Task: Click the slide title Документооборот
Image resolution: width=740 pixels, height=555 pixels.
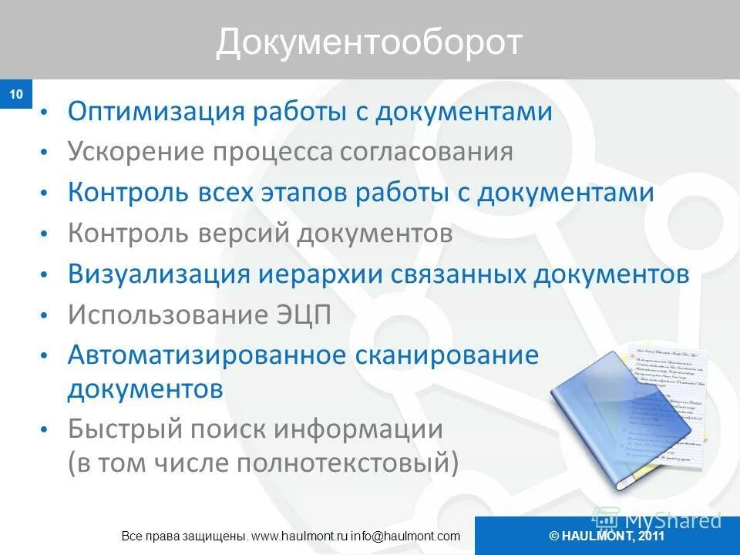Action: pos(369,42)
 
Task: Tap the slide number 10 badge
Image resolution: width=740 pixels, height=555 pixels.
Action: pos(16,95)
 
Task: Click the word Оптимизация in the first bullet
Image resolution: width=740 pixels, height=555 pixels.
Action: pos(154,112)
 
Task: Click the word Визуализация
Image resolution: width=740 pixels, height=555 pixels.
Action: pos(159,274)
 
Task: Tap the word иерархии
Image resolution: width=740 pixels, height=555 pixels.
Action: pos(319,274)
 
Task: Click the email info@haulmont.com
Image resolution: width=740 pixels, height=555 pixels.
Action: pos(406,536)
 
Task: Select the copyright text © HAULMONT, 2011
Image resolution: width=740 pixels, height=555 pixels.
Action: pos(607,536)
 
